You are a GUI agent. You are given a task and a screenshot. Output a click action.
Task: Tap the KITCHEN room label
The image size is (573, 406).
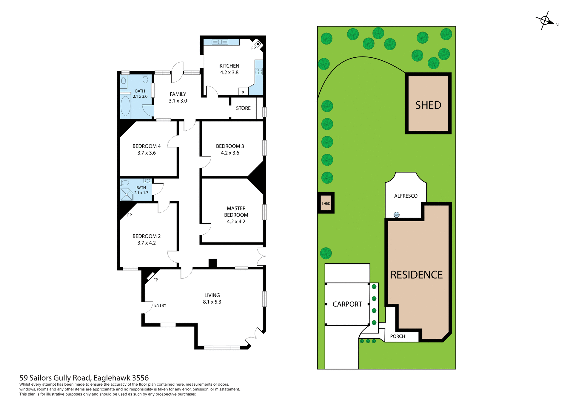coord(229,66)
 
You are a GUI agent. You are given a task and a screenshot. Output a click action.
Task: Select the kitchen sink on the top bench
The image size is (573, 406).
coord(220,42)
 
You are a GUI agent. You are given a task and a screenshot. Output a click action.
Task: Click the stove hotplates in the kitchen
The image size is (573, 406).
coord(259,71)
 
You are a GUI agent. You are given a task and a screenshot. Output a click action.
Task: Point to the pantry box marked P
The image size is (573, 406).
coord(243,92)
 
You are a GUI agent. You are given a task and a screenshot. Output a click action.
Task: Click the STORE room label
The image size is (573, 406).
coord(243,108)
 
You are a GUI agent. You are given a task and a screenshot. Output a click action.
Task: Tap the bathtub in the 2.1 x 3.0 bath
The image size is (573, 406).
coord(125,106)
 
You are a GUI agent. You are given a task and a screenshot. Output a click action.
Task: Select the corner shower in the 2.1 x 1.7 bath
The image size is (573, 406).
coord(127,195)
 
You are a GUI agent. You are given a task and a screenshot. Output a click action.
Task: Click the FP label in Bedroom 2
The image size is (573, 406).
coord(130,215)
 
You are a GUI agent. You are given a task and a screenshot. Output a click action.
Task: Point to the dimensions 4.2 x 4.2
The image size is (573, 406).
coord(236,222)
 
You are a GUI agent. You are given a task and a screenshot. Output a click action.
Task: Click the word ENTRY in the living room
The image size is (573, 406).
coord(160,305)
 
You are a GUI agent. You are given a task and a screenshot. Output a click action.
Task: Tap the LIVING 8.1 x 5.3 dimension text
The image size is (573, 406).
coord(212,302)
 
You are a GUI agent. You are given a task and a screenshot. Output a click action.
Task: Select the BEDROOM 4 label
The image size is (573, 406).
coord(147,146)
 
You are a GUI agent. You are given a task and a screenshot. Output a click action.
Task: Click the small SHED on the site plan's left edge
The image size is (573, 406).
coord(326,203)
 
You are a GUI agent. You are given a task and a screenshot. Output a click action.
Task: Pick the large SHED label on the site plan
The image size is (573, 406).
coord(428,105)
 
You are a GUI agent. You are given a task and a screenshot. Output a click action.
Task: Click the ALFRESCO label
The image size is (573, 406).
coord(406,196)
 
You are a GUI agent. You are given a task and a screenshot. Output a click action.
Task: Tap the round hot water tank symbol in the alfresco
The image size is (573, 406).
coord(396,215)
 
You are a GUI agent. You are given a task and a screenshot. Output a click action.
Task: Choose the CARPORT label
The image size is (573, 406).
coord(347,304)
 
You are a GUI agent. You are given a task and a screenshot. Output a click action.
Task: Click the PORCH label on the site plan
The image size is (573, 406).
coord(398,336)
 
